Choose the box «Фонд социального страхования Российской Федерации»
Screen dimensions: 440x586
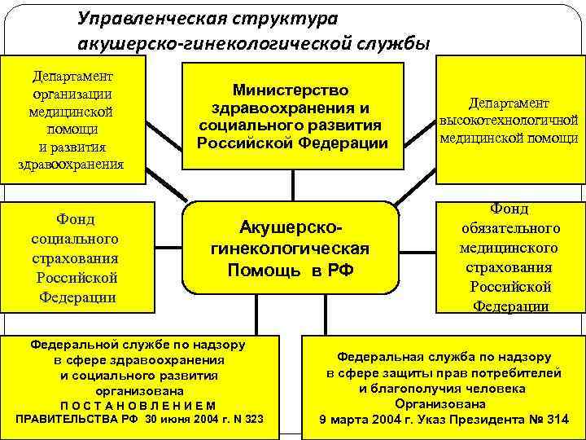click(75, 257)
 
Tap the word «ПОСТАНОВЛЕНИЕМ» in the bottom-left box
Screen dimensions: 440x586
click(138, 405)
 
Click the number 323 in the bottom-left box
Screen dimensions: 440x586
click(253, 419)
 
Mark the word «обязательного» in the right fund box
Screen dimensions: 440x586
click(509, 228)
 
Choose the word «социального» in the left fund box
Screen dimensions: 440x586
click(75, 239)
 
